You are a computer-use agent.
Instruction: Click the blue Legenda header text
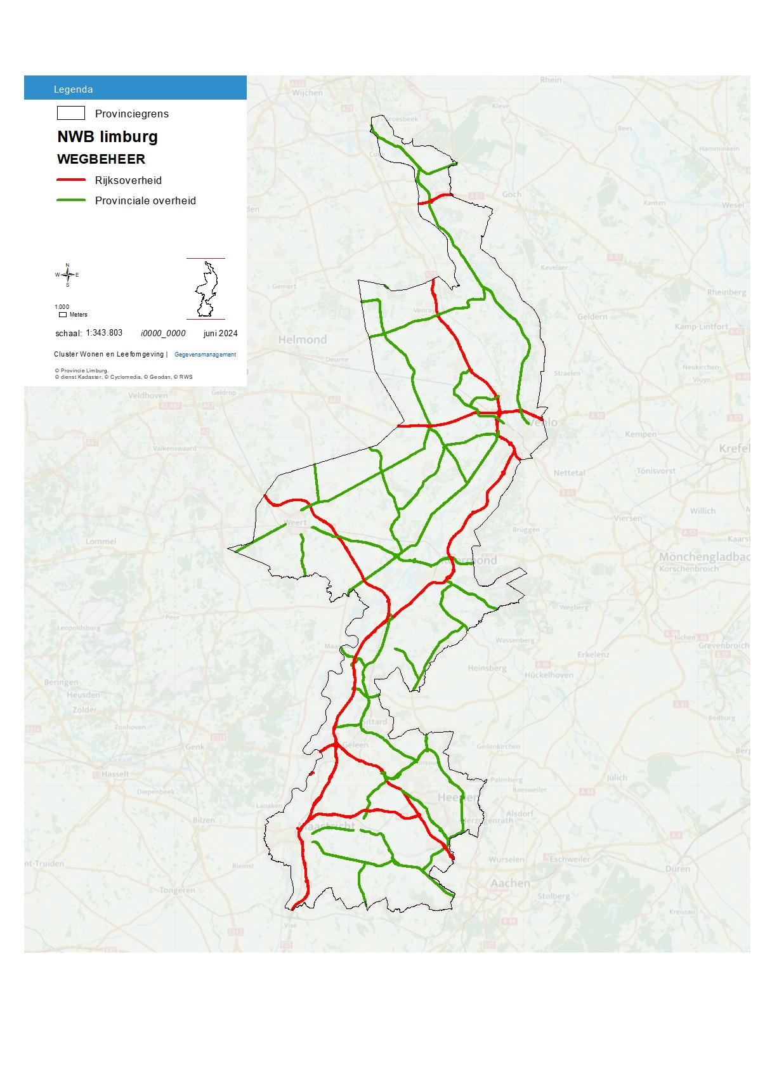(x=73, y=89)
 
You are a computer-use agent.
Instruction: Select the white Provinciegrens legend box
(x=71, y=113)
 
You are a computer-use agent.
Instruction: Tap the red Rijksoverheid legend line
(x=71, y=180)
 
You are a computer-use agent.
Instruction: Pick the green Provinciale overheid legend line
(x=71, y=200)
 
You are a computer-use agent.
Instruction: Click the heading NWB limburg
(x=107, y=137)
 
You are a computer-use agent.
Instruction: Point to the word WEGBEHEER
(x=101, y=159)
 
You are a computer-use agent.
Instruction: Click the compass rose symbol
(x=67, y=275)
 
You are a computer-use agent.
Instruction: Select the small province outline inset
(x=206, y=289)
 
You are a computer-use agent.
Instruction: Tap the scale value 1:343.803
(x=104, y=333)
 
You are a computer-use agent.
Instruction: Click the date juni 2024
(x=220, y=333)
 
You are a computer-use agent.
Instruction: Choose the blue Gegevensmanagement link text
(x=205, y=355)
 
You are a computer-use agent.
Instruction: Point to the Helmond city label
(x=303, y=340)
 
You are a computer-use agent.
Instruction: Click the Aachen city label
(x=510, y=883)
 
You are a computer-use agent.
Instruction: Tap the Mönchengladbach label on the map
(x=704, y=557)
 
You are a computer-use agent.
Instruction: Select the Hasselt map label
(x=115, y=774)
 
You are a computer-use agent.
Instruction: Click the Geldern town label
(x=592, y=317)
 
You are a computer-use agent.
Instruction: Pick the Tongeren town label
(x=177, y=890)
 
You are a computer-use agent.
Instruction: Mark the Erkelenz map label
(x=593, y=654)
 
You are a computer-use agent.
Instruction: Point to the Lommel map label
(x=101, y=542)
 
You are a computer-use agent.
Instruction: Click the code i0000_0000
(x=163, y=333)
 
